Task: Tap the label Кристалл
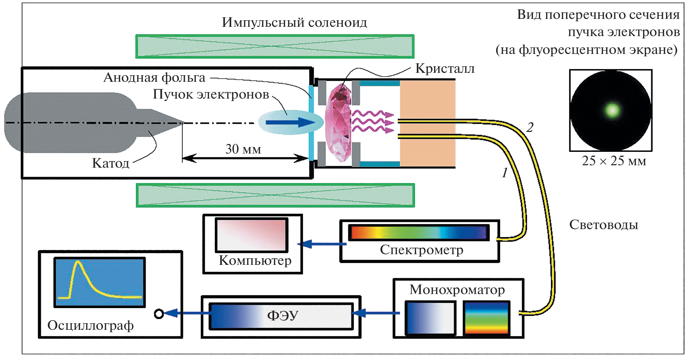point(445,68)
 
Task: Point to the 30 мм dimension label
point(243,149)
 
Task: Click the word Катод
point(111,163)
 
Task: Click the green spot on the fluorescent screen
point(612,110)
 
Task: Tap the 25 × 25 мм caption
point(614,161)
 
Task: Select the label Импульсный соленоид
point(294,23)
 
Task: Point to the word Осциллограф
point(90,325)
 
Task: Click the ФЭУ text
point(282,315)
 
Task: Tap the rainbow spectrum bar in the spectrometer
point(419,232)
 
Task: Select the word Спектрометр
point(421,250)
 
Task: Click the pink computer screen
point(252,235)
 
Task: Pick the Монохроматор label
point(457,290)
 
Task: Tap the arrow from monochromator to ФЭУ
point(376,313)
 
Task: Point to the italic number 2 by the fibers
point(530,127)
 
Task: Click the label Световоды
point(603,225)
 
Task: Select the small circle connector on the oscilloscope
point(159,314)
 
